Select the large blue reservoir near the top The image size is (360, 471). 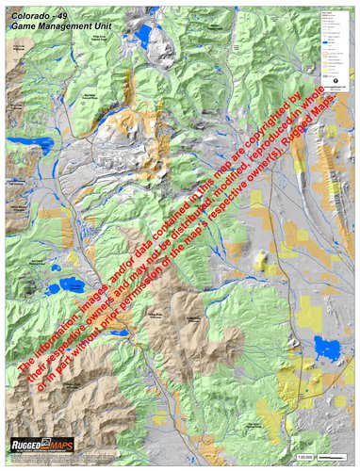142,36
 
